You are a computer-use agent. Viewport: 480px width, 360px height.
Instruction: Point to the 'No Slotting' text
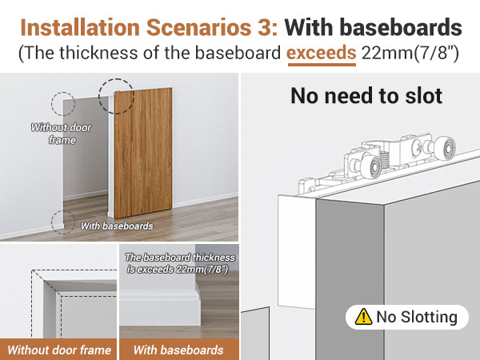(417, 317)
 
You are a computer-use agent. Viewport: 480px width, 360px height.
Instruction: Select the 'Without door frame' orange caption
(59, 350)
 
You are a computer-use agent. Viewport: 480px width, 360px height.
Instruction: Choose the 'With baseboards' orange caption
(178, 350)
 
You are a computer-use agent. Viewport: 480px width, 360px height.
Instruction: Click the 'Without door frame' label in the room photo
(61, 134)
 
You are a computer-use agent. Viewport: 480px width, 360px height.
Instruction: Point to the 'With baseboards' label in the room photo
(117, 226)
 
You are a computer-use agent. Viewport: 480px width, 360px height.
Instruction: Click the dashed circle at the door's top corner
(116, 96)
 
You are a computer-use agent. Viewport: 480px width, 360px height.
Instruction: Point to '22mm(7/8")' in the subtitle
(408, 55)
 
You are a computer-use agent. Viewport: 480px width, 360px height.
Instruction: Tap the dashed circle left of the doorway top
(63, 104)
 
